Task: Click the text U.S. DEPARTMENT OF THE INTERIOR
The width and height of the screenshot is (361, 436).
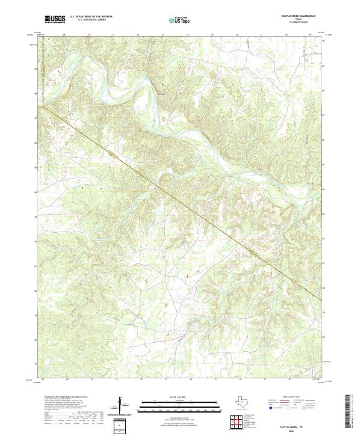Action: pyautogui.click(x=91, y=17)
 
